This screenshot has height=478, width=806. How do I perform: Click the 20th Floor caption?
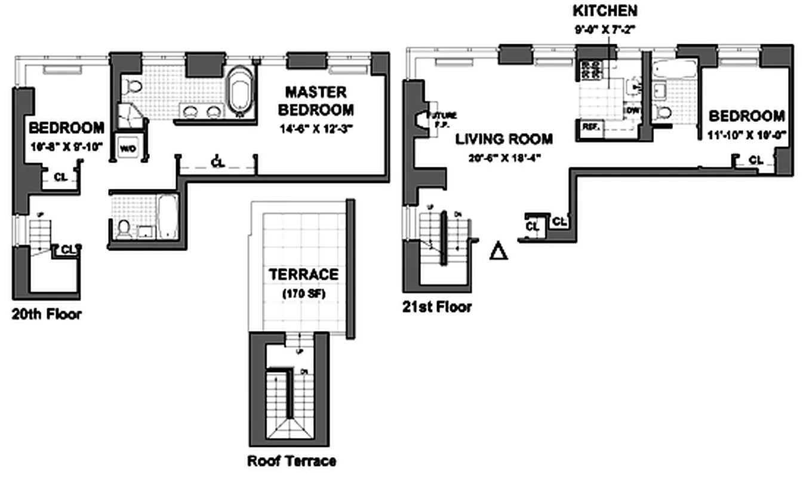(x=47, y=314)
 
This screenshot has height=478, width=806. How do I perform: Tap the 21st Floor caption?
(x=437, y=307)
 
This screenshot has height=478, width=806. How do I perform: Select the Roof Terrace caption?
(x=291, y=461)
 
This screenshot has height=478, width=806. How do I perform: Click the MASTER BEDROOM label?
(x=316, y=101)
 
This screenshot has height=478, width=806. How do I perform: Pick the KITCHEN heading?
(x=605, y=11)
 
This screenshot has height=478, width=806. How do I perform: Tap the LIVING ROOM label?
(x=504, y=139)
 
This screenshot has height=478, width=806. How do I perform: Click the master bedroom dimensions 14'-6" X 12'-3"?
(x=316, y=128)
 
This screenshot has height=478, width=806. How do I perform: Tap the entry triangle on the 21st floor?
(x=498, y=251)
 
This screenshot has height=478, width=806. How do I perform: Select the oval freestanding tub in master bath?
(x=240, y=91)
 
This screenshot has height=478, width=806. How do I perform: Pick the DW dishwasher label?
(x=632, y=111)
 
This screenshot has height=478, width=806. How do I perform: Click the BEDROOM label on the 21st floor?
(x=746, y=115)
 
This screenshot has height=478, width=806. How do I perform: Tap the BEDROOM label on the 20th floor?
(x=66, y=127)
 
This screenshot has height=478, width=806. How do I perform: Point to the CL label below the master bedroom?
(x=218, y=162)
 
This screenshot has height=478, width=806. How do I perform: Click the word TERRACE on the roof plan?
(x=303, y=275)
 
